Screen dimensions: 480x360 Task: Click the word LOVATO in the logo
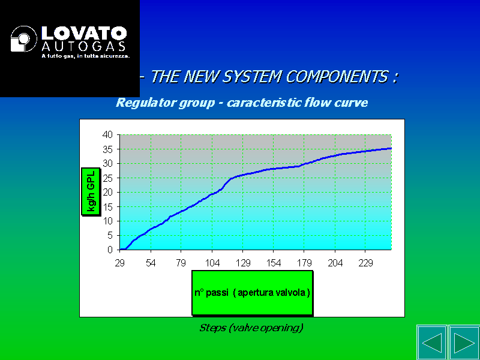pos(84,33)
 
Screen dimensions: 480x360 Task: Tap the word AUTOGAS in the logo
pos(83,46)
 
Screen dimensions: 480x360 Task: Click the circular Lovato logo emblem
pos(23,38)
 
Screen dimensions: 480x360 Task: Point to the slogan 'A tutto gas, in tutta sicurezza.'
pos(86,56)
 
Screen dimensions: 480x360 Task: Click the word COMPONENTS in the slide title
pos(337,76)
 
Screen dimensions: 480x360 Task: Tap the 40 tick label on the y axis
pos(107,134)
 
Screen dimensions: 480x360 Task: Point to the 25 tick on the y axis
pos(107,178)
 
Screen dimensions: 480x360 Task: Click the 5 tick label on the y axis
pos(110,235)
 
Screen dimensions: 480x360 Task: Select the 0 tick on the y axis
pos(110,250)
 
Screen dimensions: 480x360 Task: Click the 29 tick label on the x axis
pos(119,263)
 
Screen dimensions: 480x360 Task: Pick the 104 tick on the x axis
pos(212,263)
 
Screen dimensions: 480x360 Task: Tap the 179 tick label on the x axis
pos(304,263)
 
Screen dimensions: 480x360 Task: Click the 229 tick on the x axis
pos(365,263)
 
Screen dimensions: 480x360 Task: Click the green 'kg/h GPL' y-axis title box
pos(91,191)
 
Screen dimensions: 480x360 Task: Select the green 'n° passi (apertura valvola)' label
pos(253,293)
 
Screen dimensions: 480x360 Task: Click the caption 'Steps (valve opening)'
pos(251,328)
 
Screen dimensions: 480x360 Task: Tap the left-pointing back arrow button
pos(432,343)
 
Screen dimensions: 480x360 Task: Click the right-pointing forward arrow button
pos(464,343)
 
